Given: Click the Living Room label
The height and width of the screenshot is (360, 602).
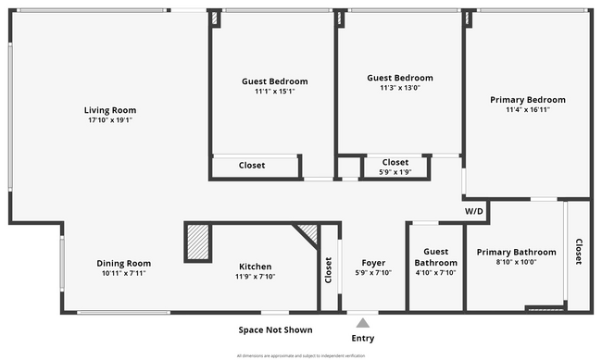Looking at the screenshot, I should (x=110, y=110).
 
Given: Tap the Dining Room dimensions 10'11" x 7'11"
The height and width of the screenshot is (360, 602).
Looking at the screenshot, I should (x=123, y=274).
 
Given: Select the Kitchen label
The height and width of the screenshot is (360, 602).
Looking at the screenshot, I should (x=257, y=264).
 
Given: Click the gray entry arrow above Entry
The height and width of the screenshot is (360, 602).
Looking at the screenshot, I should (x=363, y=323).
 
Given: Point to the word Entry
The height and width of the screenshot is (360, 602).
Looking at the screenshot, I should (x=363, y=338).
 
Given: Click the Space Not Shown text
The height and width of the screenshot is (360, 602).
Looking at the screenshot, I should (x=275, y=329).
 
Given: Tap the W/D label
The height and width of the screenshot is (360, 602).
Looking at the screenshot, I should (x=475, y=210).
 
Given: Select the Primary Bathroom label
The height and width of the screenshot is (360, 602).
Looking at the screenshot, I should (x=516, y=252).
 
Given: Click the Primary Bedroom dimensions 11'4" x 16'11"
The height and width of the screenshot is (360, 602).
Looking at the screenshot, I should (x=527, y=110).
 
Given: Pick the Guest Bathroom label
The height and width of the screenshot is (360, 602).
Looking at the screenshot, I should (x=435, y=257).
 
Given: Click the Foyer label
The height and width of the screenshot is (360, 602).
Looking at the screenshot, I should (x=373, y=262).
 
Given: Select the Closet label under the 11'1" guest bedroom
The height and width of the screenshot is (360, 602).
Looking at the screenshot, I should (x=252, y=166).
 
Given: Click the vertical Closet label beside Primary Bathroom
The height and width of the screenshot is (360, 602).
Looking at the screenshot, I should (x=579, y=252).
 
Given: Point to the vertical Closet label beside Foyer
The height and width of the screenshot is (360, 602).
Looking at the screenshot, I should (x=328, y=269).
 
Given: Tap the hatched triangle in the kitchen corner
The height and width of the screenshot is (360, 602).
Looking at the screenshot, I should (x=309, y=232).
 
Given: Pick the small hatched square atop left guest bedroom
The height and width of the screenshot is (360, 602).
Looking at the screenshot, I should (x=215, y=17).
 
